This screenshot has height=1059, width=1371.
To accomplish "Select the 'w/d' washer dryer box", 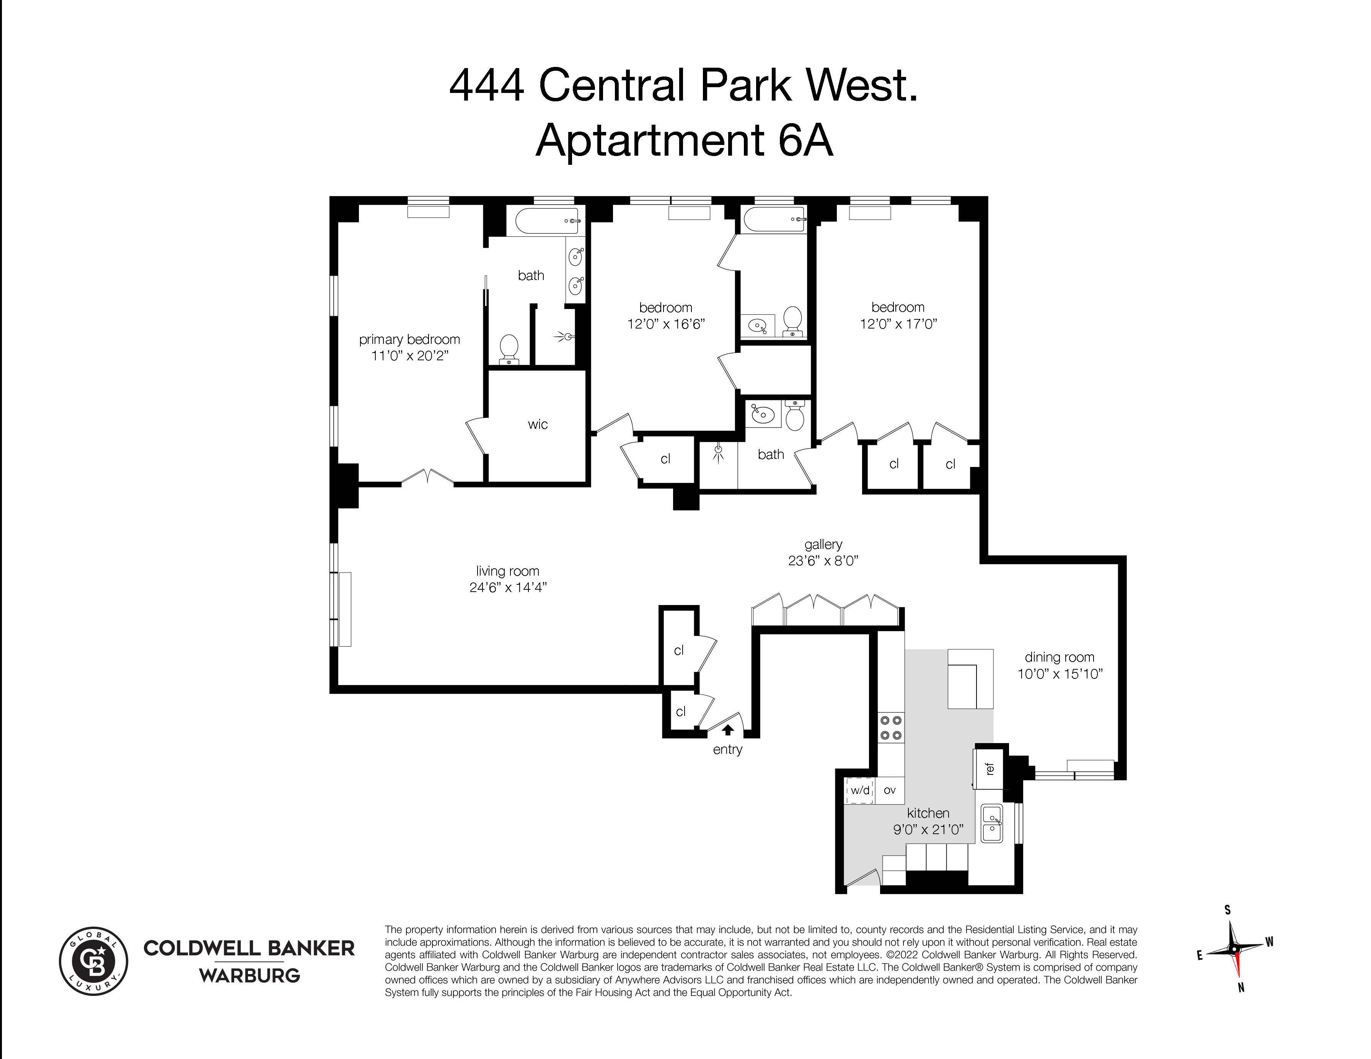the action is point(860,791).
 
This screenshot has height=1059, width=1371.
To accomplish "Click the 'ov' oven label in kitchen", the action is point(890,791).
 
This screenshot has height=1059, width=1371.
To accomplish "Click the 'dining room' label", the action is point(1060,657).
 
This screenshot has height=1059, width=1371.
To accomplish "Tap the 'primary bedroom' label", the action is point(409,339).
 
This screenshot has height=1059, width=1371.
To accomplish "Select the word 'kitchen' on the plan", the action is point(928,813).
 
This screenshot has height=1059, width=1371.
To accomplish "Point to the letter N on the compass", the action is point(1241,989).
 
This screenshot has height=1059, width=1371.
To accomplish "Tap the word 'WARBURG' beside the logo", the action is point(249,976).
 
